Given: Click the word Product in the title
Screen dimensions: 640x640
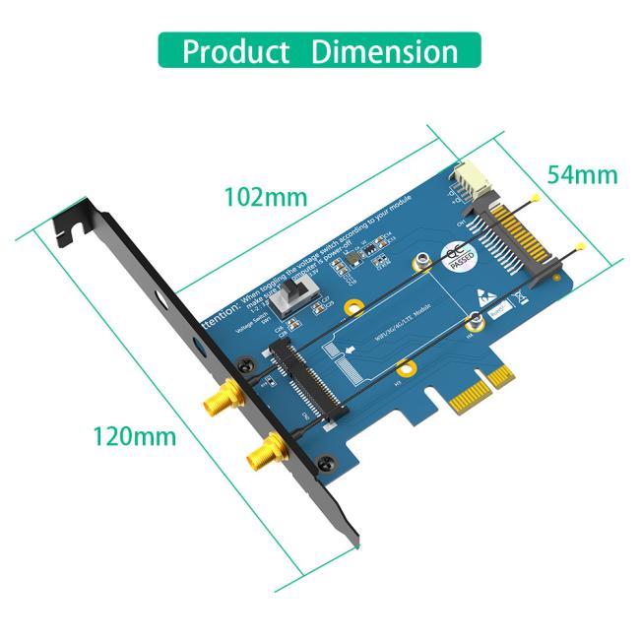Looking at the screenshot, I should pos(235,51).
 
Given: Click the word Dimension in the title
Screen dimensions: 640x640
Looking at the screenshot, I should pos(384,51).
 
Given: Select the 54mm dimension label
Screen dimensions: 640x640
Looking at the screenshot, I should pos(582,174).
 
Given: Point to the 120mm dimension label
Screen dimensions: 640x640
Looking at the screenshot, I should pos(134,434).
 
